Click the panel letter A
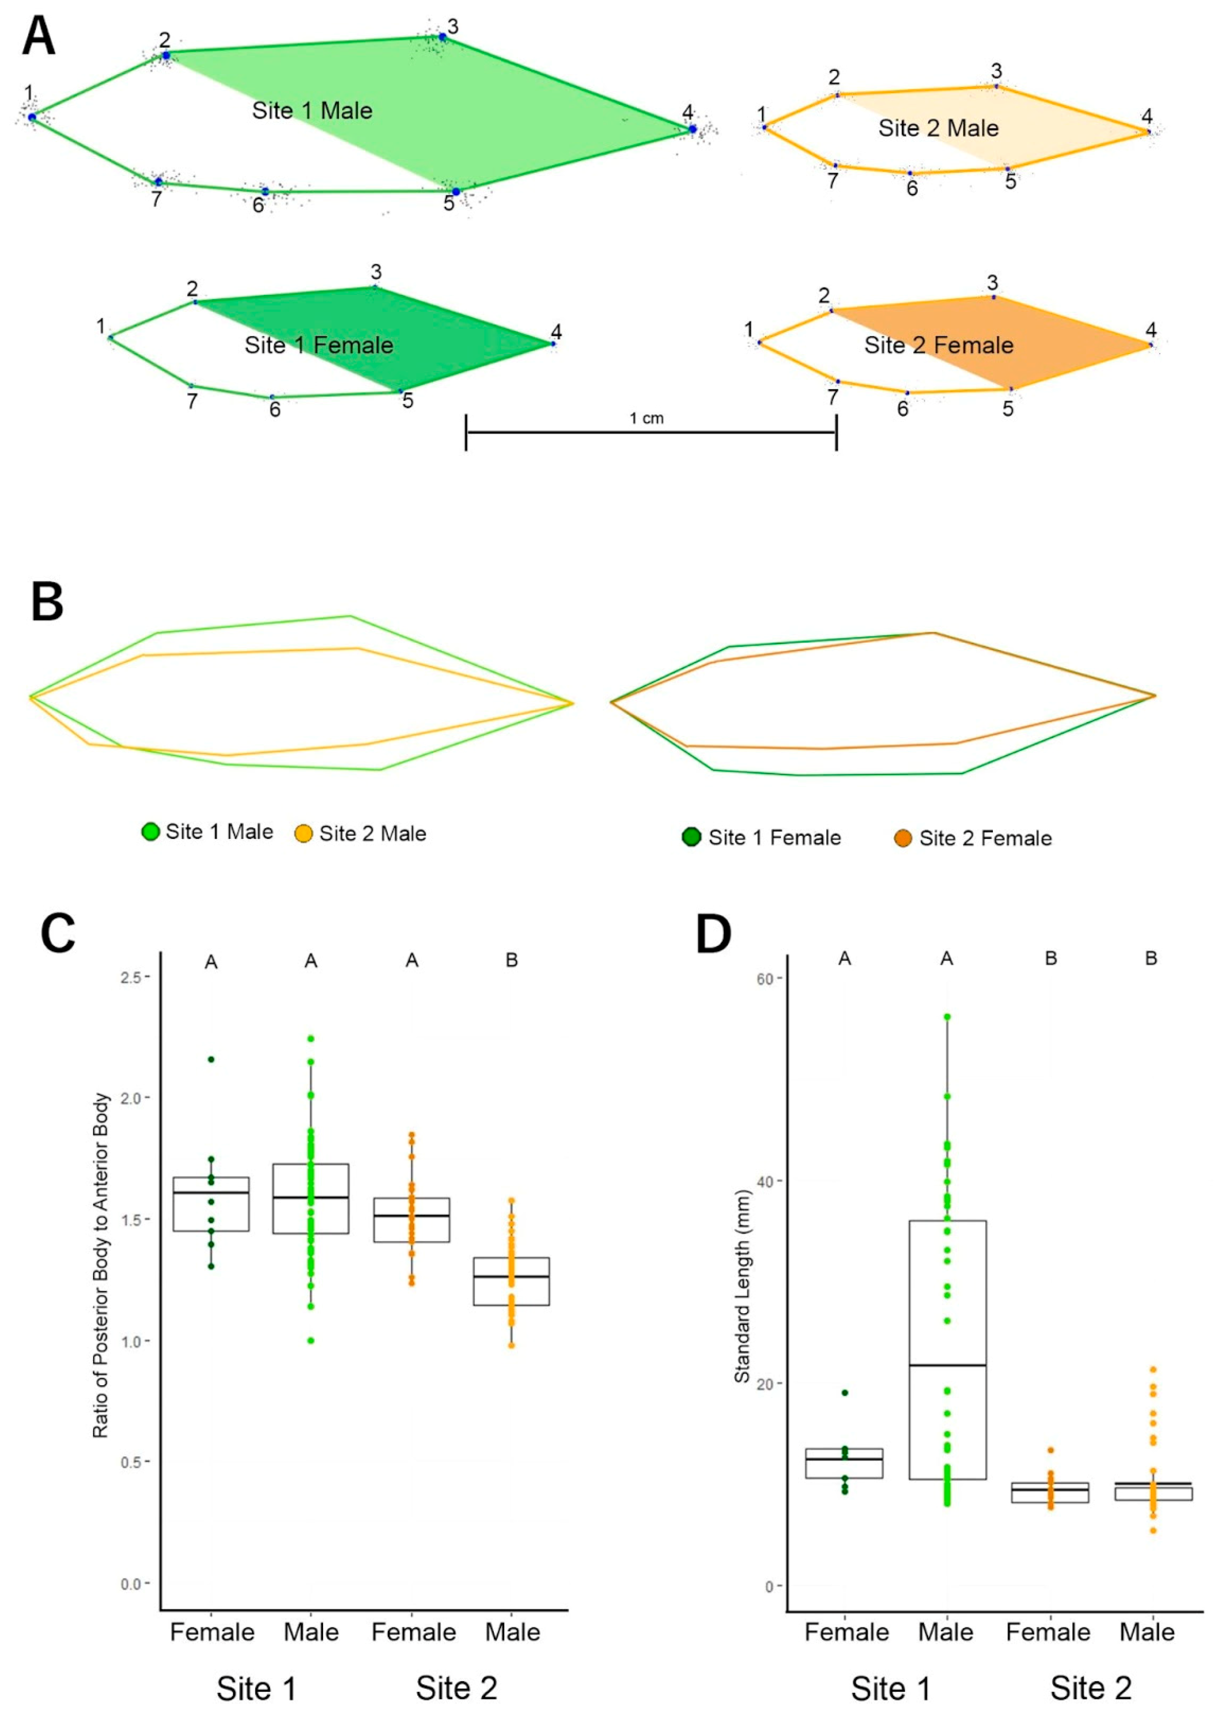point(38,38)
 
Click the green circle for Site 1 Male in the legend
point(151,832)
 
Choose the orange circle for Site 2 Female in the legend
point(903,838)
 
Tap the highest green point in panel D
point(947,1017)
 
